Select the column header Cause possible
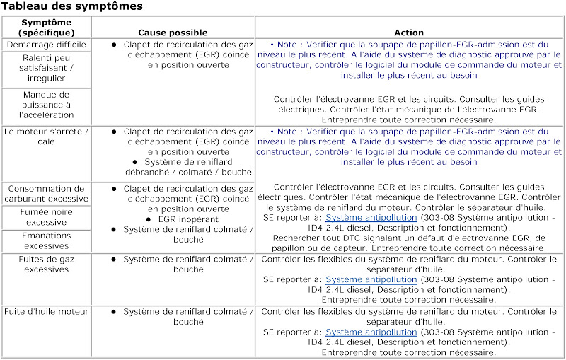[x=173, y=33]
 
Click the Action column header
[x=409, y=33]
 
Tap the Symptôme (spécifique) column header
[x=46, y=28]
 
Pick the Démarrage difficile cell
[x=46, y=45]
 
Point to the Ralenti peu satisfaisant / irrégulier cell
[x=46, y=69]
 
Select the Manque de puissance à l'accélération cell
[x=46, y=105]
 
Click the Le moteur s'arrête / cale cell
[x=46, y=137]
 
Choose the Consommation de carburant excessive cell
[x=46, y=194]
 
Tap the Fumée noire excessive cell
[x=46, y=216]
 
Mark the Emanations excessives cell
[x=46, y=240]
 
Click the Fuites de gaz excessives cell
[x=46, y=265]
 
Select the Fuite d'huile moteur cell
[x=46, y=312]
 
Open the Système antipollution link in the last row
[x=371, y=332]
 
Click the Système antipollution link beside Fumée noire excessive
[x=371, y=218]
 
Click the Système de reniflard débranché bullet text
[x=187, y=166]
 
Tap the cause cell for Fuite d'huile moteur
[x=173, y=316]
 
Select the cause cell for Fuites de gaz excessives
[x=173, y=265]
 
